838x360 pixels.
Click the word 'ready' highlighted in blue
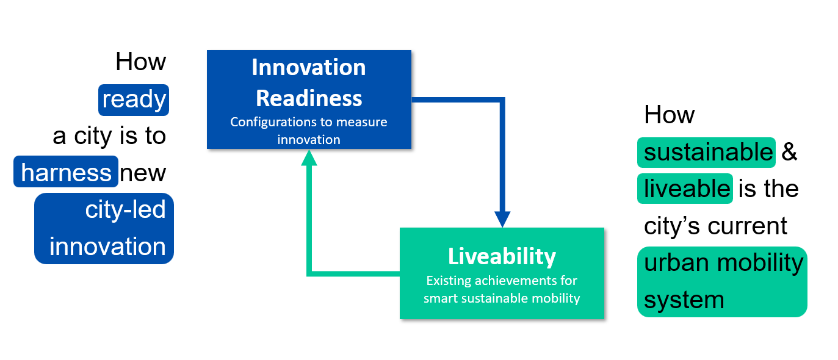coord(134,100)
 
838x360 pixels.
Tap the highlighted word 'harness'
coord(66,172)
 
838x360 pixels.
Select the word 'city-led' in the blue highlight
coord(125,209)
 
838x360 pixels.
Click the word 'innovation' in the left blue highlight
coord(108,247)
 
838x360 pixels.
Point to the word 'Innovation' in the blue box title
coord(309,67)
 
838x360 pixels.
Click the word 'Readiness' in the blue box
coord(309,98)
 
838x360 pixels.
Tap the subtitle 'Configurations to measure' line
coord(309,122)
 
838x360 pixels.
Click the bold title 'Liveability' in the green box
coord(502,257)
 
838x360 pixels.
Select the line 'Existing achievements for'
coord(502,281)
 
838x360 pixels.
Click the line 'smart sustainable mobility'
coord(502,298)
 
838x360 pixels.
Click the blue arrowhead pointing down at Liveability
coord(502,219)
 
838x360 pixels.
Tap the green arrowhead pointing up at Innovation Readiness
coord(309,158)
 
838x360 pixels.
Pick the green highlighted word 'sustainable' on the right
coord(708,152)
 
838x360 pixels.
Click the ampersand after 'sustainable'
coord(789,152)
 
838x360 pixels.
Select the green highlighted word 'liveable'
coord(687,189)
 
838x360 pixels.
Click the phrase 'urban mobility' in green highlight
coord(723,263)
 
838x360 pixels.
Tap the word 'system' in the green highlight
coord(684,300)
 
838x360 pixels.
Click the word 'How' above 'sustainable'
coord(670,114)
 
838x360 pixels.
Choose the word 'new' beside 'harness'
coord(143,173)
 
